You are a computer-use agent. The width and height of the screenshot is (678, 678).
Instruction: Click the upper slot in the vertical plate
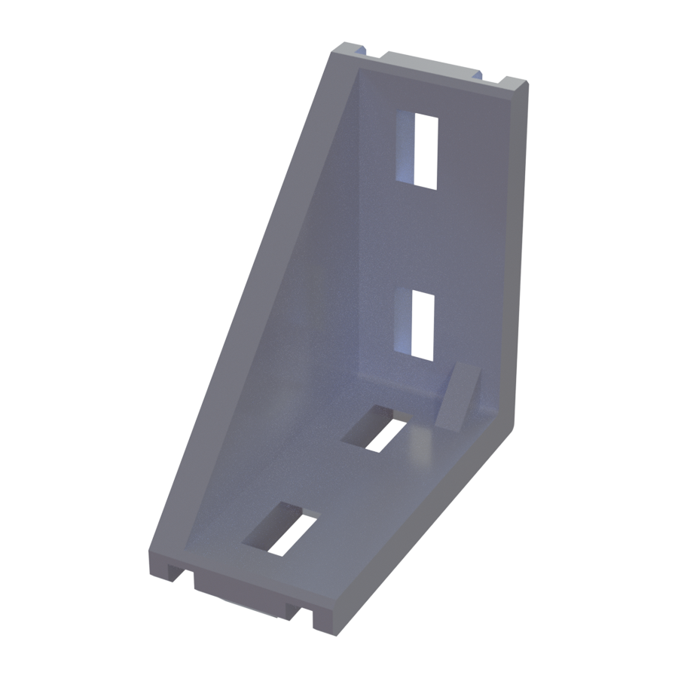tap(425, 150)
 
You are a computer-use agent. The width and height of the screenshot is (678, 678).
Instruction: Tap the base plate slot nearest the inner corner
tap(380, 431)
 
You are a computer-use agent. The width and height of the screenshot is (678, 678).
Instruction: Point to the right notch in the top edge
tap(487, 76)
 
